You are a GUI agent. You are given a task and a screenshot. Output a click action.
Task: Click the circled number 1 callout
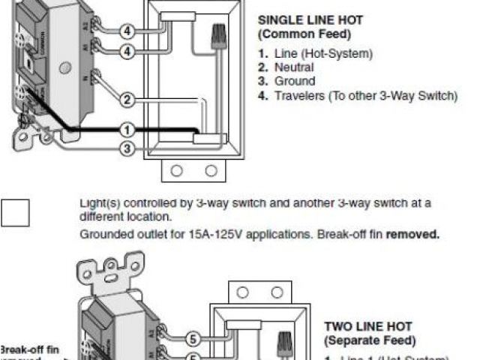[x=127, y=130]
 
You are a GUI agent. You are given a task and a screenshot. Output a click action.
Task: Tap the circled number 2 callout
[x=127, y=99]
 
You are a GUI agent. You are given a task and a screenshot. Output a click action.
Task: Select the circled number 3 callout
[x=127, y=149]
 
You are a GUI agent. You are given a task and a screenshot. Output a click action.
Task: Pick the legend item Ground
[x=295, y=81]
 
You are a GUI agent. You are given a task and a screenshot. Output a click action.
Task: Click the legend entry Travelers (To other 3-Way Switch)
[x=365, y=95]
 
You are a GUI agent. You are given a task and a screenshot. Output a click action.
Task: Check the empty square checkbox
[x=15, y=212]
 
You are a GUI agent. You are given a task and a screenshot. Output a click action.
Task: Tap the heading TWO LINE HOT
[x=367, y=326]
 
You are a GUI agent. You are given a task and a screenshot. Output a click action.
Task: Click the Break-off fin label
[x=28, y=349]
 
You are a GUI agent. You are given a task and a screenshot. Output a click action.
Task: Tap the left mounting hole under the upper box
[x=177, y=170]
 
